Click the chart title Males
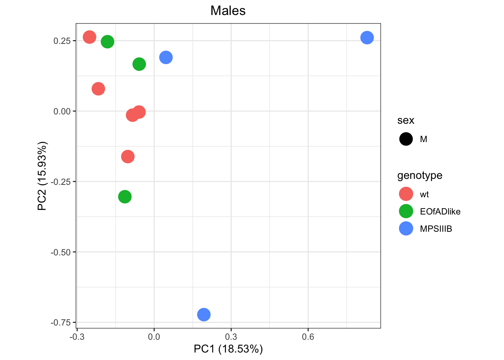point(228,10)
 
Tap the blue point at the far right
point(367,37)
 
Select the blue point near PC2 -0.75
point(204,314)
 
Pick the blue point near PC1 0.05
point(166,57)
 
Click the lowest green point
point(125,196)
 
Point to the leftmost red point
point(89,37)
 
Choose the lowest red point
point(128,156)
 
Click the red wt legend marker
point(406,194)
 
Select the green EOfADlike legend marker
point(406,211)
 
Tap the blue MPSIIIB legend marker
point(406,229)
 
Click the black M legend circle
point(406,139)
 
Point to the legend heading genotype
point(420,175)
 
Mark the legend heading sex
point(406,120)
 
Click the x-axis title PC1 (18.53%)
point(228,349)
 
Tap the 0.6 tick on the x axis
point(308,337)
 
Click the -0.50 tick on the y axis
point(60,252)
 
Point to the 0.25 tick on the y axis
point(62,41)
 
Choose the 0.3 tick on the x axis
point(231,337)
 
